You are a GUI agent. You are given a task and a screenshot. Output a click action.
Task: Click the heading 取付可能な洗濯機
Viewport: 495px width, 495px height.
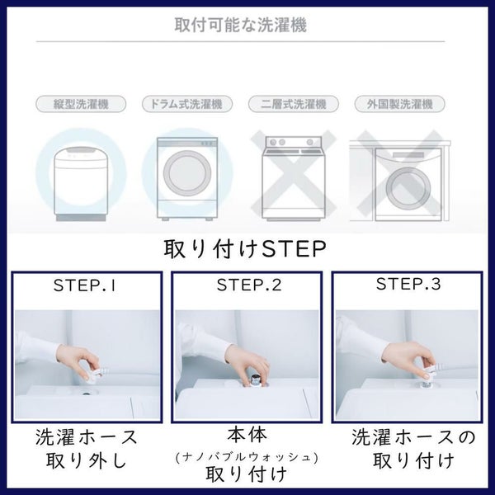click(241, 25)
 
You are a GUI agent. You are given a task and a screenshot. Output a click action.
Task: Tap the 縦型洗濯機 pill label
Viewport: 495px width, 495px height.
click(81, 104)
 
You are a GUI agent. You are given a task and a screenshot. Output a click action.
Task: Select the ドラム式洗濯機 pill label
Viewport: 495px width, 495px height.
click(187, 104)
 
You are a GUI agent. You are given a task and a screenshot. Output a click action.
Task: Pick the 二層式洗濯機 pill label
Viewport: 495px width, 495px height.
click(294, 104)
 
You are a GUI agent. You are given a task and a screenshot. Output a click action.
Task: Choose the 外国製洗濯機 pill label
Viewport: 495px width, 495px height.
click(399, 104)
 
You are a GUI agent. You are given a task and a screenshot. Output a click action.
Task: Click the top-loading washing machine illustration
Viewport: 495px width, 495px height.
click(81, 183)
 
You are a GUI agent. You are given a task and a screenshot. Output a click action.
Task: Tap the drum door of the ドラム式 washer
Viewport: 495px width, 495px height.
click(187, 173)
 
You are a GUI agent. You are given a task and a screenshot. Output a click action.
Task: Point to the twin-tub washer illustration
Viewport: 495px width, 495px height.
click(294, 178)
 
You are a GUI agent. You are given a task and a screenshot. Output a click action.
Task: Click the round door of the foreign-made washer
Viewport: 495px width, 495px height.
click(408, 189)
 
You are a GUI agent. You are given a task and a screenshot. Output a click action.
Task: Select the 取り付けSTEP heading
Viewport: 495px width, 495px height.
click(245, 249)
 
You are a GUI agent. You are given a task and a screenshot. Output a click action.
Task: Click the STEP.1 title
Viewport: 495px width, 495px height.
click(85, 285)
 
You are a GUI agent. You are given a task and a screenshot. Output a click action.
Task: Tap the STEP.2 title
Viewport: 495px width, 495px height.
click(249, 285)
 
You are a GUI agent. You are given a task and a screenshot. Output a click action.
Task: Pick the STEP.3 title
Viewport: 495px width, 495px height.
click(408, 284)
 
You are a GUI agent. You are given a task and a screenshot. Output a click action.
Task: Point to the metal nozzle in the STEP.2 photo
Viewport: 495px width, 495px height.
click(254, 379)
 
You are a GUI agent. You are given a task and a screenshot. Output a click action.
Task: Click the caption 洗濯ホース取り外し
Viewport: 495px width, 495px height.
click(87, 449)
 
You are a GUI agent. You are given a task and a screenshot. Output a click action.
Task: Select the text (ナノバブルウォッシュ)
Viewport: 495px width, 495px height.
click(247, 457)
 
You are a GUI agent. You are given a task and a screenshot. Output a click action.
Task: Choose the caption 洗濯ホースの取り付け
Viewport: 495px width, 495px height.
click(413, 449)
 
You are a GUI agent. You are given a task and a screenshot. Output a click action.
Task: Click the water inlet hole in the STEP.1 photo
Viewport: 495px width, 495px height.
click(86, 394)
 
